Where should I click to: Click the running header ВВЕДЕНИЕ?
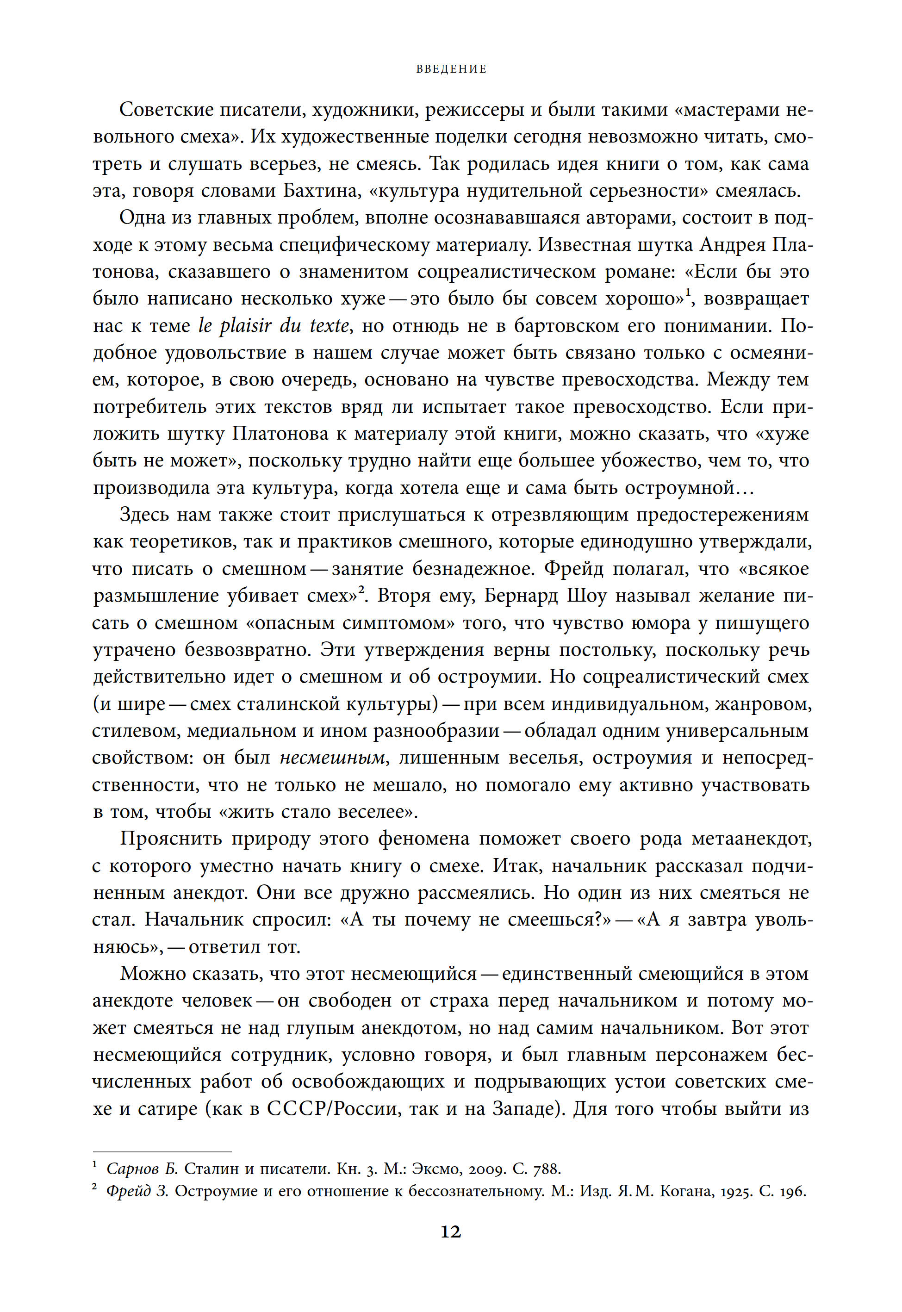coord(451,69)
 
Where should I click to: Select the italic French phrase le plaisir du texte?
coord(274,326)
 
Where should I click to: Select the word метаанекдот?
coord(752,839)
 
